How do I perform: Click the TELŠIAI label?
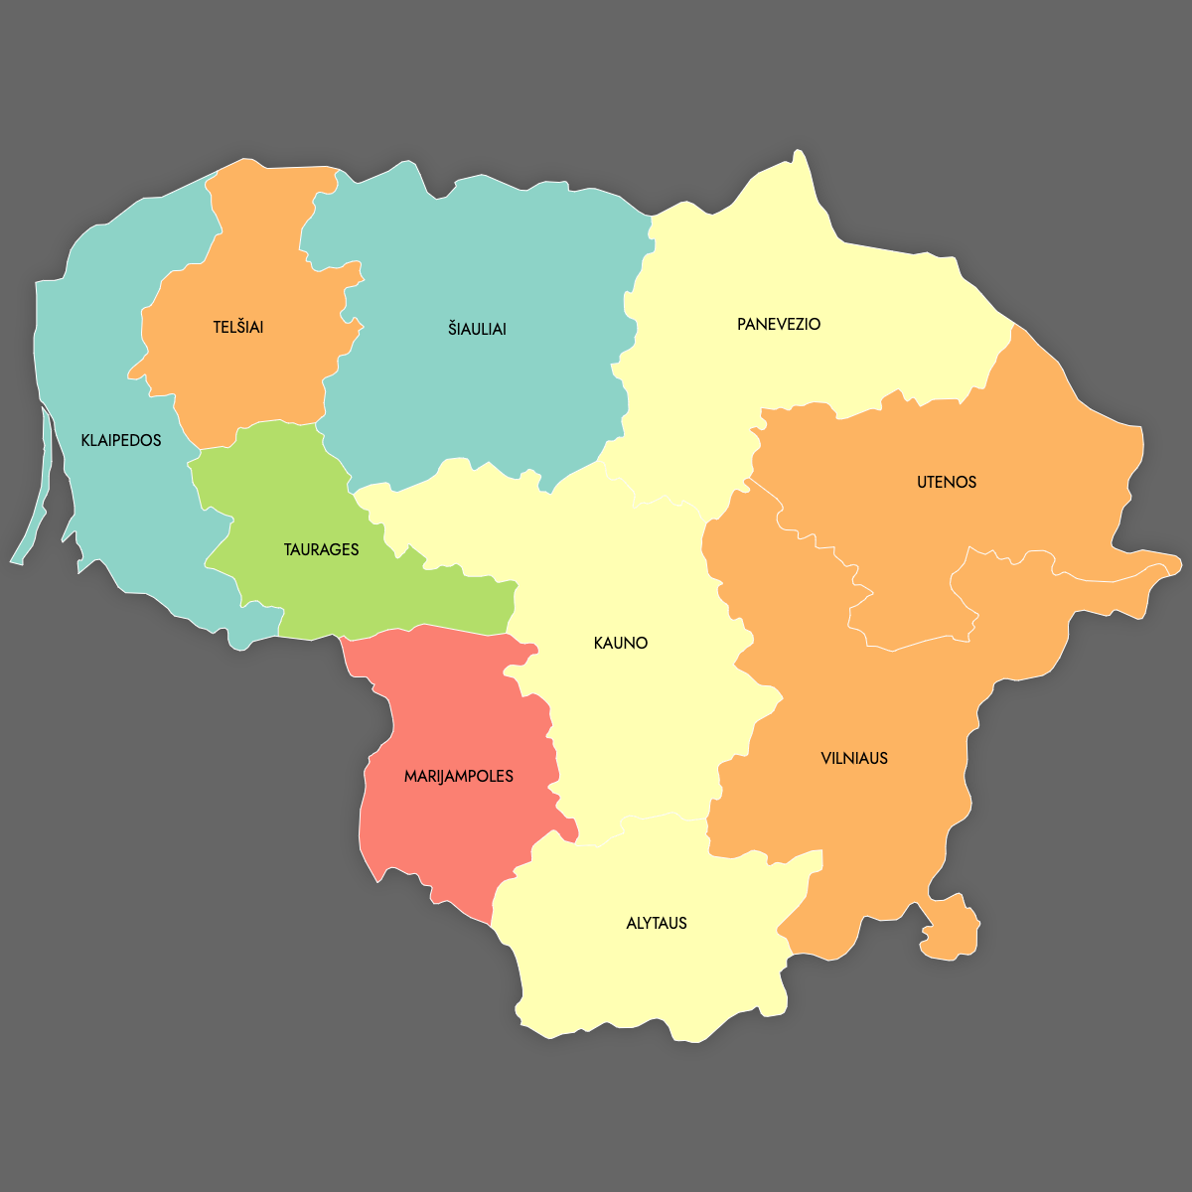[x=238, y=327]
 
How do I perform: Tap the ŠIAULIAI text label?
[x=477, y=329]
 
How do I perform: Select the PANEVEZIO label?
[x=779, y=325]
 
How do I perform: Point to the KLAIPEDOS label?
[x=121, y=440]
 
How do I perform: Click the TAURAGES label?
[x=321, y=549]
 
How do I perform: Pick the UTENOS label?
[x=947, y=482]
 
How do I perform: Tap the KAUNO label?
[x=621, y=643]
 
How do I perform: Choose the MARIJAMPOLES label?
[x=459, y=776]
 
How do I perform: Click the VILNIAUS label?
[x=854, y=758]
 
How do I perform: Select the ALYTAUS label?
[x=657, y=923]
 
